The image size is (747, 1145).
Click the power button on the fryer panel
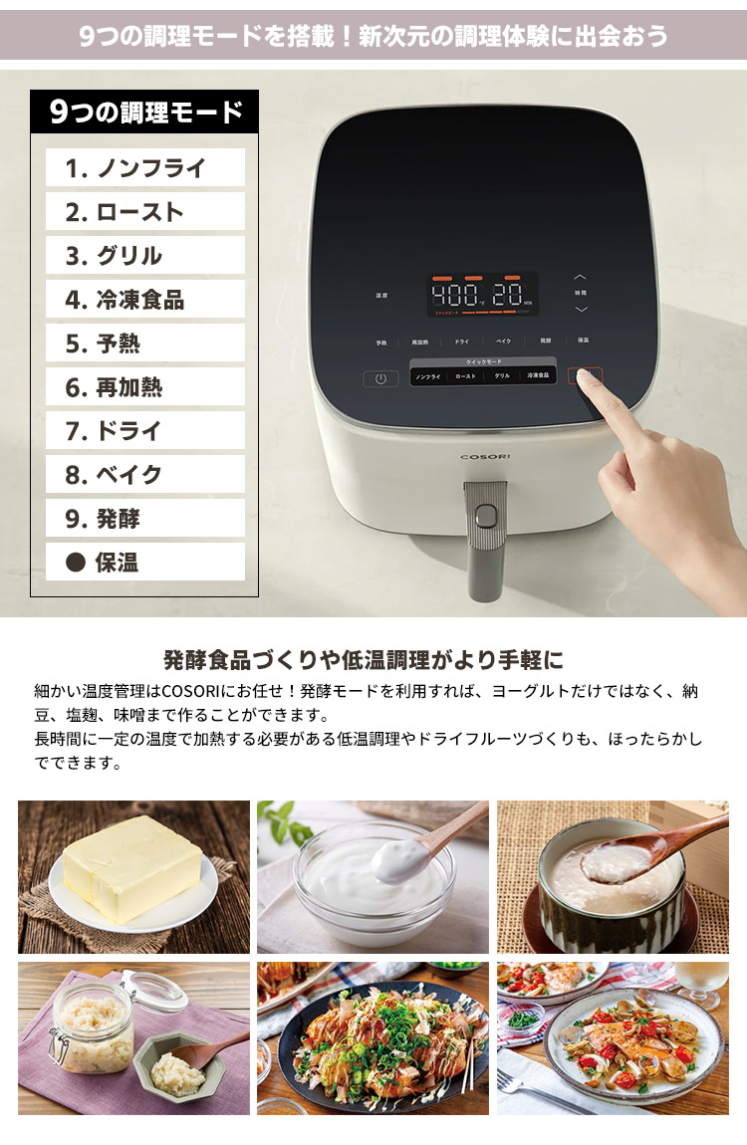[x=380, y=378]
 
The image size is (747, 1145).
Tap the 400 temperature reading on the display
[x=453, y=296]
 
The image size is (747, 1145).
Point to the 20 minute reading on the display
[x=508, y=296]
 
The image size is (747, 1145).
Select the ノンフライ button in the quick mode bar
[x=428, y=377]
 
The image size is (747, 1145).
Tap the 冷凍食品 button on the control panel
[x=537, y=377]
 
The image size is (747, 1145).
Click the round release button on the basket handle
[x=485, y=515]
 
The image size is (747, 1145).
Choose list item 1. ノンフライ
[x=145, y=168]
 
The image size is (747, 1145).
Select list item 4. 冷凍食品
[x=145, y=300]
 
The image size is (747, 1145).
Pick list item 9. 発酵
[x=145, y=519]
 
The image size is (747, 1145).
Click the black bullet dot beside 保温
[x=75, y=563]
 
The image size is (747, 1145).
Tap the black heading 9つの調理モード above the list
[x=145, y=112]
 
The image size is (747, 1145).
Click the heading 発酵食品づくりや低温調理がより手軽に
[x=364, y=659]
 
